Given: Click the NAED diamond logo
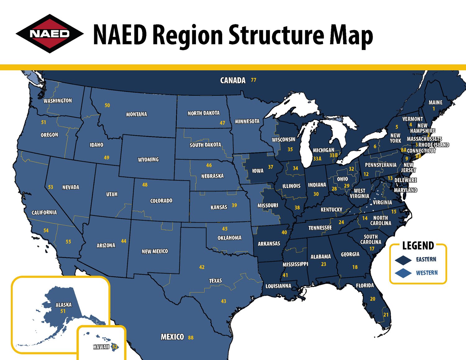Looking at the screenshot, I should tap(49, 34).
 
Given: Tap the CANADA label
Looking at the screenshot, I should tap(233, 81).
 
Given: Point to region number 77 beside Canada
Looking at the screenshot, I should tap(254, 80).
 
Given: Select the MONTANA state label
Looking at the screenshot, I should tap(137, 114).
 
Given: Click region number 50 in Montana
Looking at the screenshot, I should tap(107, 105).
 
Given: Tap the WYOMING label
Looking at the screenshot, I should tap(148, 159).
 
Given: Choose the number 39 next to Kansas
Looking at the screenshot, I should tap(234, 205).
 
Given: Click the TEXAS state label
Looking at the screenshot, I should tap(215, 281).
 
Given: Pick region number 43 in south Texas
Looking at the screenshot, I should tap(223, 301).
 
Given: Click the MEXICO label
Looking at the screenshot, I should tap(172, 337).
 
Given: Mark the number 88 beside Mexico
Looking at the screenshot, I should tap(191, 337).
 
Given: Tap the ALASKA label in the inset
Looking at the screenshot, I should tap(63, 305).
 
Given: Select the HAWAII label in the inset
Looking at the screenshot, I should tap(101, 347).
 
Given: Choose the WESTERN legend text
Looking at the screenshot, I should tap(427, 273).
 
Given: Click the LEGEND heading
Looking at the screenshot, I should tap(418, 246).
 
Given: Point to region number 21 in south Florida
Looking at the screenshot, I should tap(386, 315).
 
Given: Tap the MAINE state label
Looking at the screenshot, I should tap(435, 103).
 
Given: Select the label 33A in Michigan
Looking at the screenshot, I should tap(317, 159).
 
